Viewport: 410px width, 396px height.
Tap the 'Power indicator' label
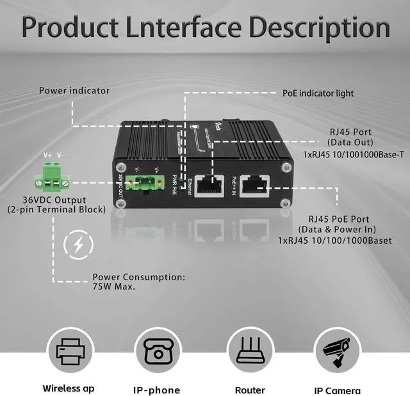pyautogui.click(x=74, y=90)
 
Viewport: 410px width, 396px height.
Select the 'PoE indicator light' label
pyautogui.click(x=318, y=93)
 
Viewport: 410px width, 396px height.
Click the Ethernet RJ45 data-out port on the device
pyautogui.click(x=207, y=184)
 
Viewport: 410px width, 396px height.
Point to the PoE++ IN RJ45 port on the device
pyautogui.click(x=253, y=184)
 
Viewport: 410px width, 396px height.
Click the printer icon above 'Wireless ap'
pyautogui.click(x=70, y=352)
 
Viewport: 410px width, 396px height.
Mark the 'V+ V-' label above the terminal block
pyautogui.click(x=53, y=155)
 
